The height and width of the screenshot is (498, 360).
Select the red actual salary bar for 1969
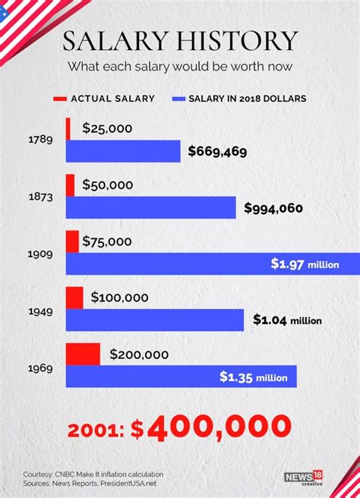[x=83, y=353]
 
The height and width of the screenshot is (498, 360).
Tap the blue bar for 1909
[x=167, y=263]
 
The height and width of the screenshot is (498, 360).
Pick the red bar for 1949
[x=74, y=298]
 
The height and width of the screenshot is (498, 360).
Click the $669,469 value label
[x=218, y=152]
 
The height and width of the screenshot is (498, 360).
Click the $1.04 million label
[x=288, y=320]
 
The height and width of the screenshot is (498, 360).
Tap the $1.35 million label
[x=254, y=377]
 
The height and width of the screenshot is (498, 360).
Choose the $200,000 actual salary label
[x=140, y=353]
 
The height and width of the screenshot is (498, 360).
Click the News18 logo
[x=303, y=478]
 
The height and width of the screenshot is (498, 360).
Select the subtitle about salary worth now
[x=180, y=66]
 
